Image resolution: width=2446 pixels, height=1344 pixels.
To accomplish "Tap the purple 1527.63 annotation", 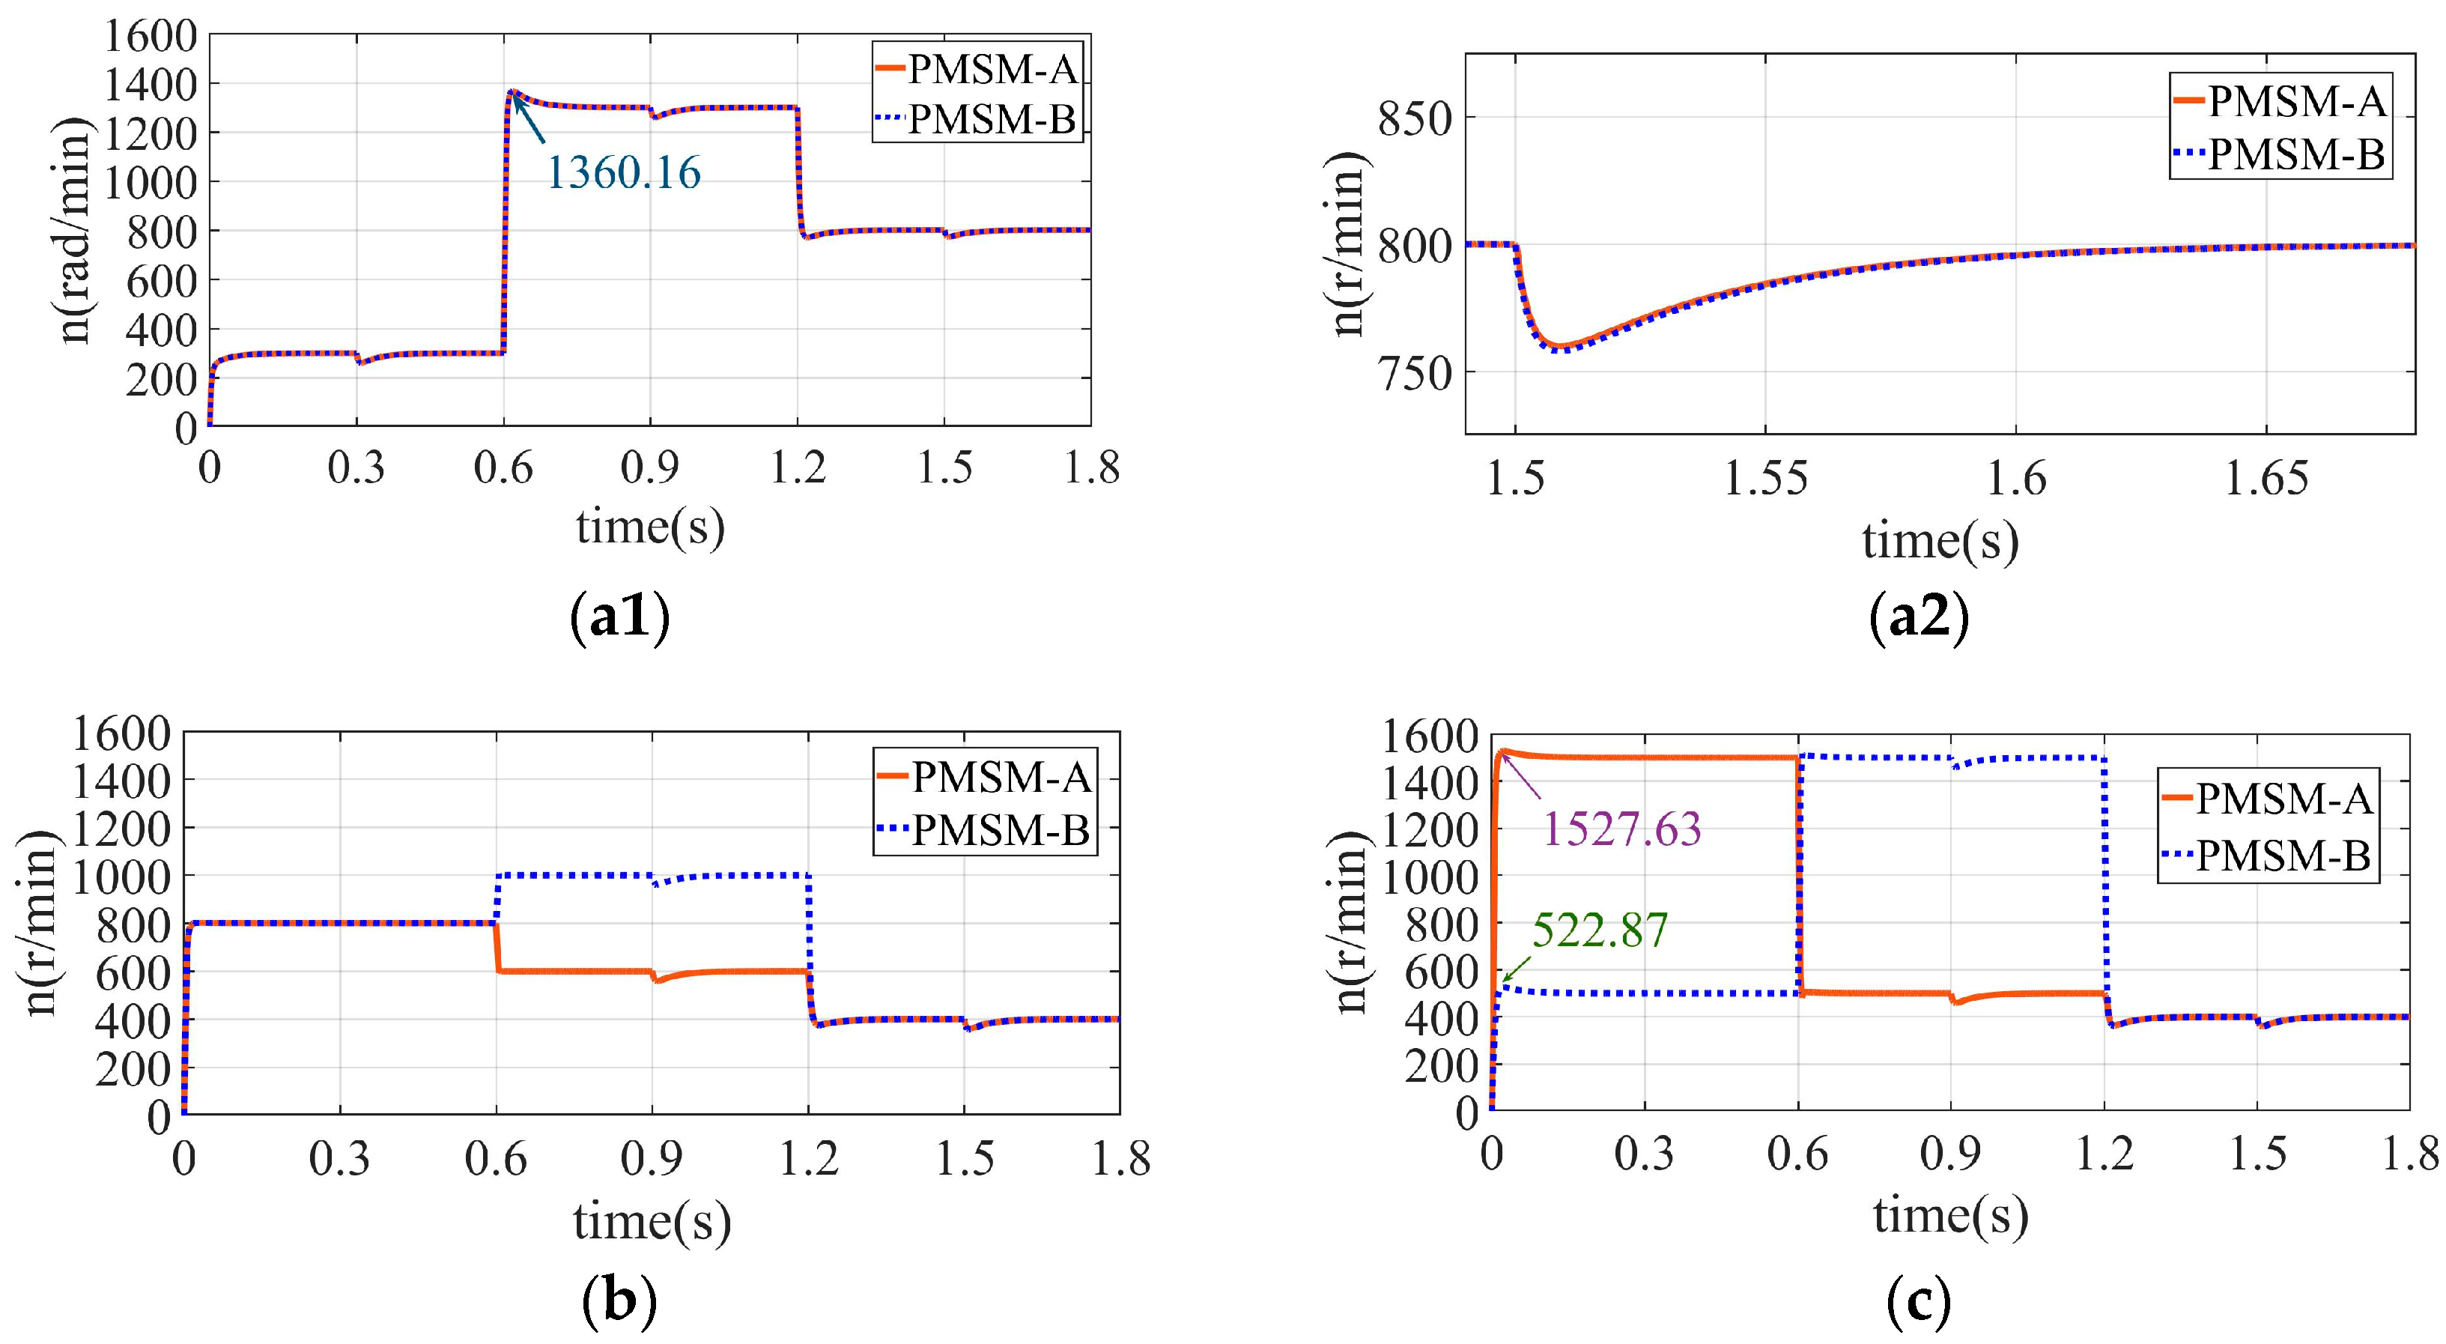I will [x=1621, y=829].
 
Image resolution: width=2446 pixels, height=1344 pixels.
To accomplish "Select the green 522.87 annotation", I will [x=1600, y=930].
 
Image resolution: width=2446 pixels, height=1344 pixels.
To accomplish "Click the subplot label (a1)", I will [x=620, y=617].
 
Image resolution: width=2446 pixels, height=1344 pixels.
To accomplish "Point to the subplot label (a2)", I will [x=1918, y=617].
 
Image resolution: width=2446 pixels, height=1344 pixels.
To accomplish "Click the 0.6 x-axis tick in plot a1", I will [x=503, y=468].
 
